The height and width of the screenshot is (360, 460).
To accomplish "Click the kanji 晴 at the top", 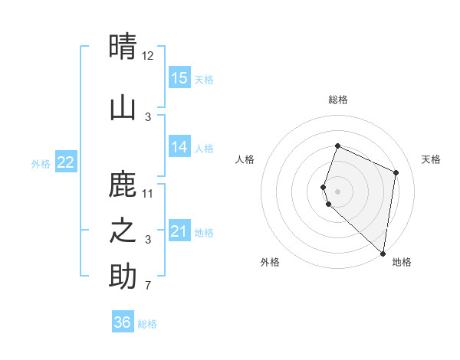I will point(123,47).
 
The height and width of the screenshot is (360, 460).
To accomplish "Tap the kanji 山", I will point(123,108).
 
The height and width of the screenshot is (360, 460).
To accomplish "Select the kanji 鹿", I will point(123,185).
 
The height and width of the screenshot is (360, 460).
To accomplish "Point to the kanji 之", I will point(123,231).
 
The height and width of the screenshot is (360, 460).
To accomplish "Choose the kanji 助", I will point(123,277).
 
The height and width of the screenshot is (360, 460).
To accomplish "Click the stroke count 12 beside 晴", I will point(148,55).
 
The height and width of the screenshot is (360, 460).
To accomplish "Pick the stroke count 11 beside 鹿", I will point(148,193).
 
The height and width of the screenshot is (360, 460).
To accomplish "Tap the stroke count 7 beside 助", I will point(148,286).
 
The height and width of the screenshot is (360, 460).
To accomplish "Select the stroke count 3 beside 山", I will point(148,116).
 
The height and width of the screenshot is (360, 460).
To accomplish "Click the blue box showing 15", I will point(179,77).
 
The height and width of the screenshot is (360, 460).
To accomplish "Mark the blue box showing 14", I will point(179,147).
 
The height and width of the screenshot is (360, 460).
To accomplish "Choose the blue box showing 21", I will point(179,231).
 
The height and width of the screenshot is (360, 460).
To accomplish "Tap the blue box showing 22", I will point(65,162).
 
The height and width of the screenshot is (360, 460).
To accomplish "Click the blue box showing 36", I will point(123,322).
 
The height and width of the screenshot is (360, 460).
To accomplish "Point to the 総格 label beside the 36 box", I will point(148,324).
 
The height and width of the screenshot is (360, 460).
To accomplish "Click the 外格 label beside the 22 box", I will point(41,163).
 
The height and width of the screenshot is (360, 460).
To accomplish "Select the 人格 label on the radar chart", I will point(245,159).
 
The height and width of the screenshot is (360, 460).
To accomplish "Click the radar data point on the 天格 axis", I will point(396,172).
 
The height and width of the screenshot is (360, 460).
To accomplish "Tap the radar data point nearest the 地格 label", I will point(383,254).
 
